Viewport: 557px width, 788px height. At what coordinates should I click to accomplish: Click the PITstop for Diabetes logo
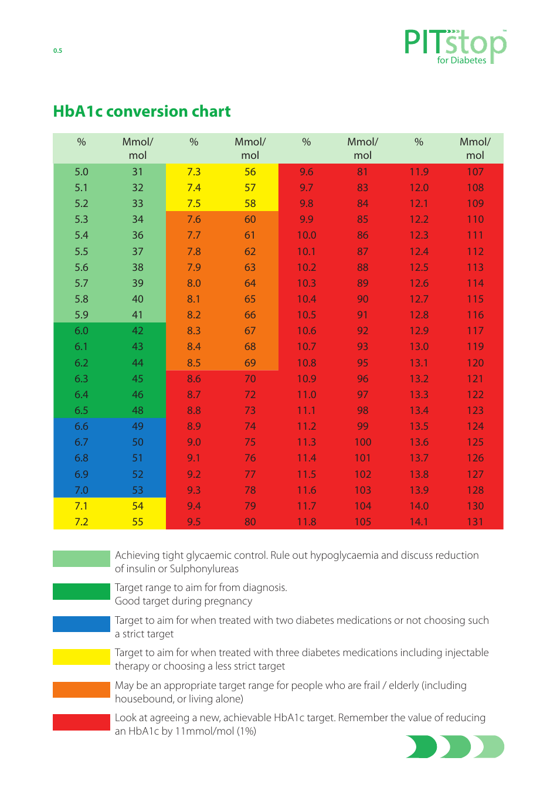pos(455,47)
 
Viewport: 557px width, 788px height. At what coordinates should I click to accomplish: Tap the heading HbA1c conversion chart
pos(141,111)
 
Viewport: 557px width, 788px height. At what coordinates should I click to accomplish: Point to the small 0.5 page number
pos(57,50)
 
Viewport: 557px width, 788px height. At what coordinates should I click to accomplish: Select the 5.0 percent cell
pos(81,172)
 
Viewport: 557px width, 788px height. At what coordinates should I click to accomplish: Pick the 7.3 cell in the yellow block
pos(194,172)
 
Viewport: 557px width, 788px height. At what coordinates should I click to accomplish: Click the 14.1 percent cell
pos(419,522)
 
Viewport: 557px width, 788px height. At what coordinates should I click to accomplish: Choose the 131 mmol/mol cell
pos(475,522)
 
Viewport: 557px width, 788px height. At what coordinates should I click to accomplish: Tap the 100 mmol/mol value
pos(362,442)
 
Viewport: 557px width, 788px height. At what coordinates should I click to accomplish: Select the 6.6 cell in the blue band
pos(81,426)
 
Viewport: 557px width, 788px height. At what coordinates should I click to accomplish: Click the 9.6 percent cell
pos(306,172)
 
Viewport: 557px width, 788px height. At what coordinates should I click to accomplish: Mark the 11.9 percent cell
pos(419,172)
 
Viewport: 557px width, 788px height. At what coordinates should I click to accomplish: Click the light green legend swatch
pos(81,559)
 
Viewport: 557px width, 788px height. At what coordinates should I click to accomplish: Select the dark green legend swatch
pos(81,592)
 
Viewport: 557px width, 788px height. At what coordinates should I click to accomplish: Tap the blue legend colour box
pos(81,624)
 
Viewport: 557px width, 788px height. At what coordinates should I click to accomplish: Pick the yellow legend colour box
pos(81,657)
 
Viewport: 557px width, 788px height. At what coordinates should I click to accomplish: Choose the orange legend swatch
pos(81,689)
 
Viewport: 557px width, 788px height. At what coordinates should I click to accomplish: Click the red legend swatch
pos(81,722)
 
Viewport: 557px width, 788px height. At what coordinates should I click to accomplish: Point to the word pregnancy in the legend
pos(228,602)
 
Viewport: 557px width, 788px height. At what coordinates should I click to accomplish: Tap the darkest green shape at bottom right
pos(421,747)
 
